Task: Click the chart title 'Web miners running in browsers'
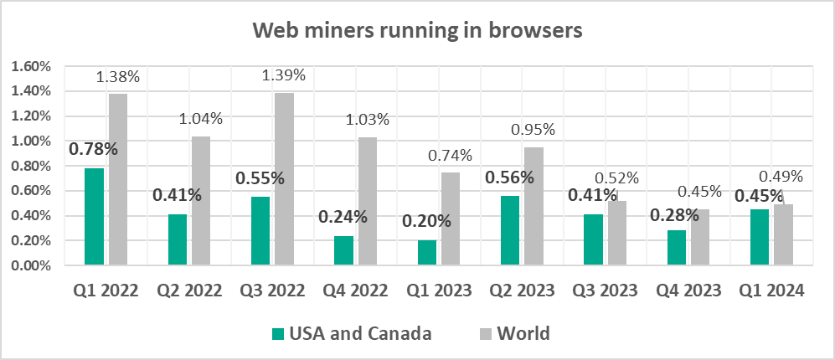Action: tap(417, 31)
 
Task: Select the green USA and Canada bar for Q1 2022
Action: tap(94, 217)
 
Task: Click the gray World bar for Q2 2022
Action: tap(201, 201)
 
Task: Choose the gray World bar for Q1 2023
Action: tap(451, 219)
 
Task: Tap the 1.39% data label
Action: tap(283, 75)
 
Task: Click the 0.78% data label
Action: tap(93, 150)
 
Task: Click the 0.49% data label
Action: tap(781, 176)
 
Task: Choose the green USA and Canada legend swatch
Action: tap(279, 334)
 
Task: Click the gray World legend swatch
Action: tap(483, 334)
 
